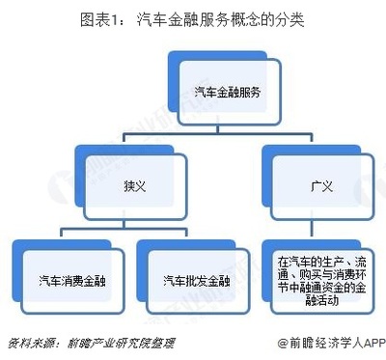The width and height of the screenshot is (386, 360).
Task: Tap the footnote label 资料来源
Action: (x=29, y=343)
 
